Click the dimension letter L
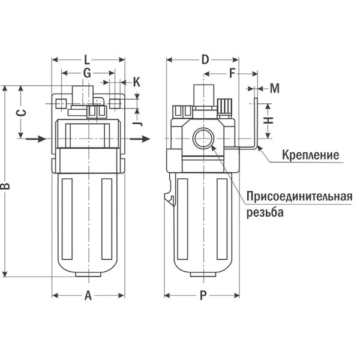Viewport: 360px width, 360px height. [86, 60]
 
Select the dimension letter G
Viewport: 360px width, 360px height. [87, 73]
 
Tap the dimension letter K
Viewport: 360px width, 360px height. [137, 82]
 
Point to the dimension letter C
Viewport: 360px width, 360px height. [22, 113]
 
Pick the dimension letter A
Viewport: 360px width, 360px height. [88, 295]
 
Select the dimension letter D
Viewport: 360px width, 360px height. [205, 60]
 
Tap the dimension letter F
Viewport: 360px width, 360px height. [232, 74]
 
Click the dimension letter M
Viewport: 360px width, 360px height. [274, 88]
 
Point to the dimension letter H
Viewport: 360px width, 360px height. [268, 120]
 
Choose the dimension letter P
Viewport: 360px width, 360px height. [203, 295]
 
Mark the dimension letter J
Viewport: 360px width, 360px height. [137, 124]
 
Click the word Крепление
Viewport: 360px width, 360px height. [310, 155]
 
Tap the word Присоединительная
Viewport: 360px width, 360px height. [299, 197]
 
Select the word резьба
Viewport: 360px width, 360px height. [265, 212]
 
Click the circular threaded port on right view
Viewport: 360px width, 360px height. [203, 139]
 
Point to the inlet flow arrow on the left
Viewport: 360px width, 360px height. [35, 139]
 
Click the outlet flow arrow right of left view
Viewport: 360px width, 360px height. [140, 139]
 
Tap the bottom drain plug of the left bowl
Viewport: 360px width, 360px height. [88, 274]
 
